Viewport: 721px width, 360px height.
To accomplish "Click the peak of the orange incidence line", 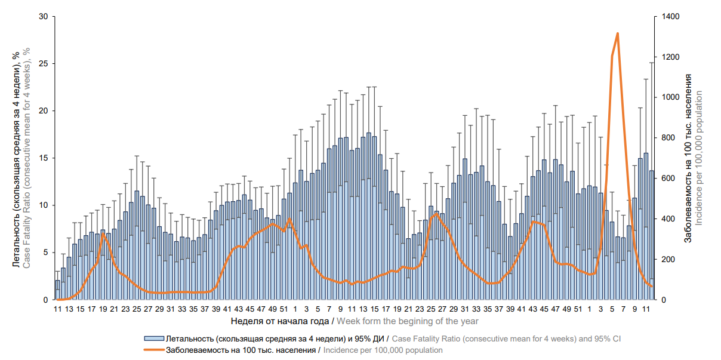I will [618, 33].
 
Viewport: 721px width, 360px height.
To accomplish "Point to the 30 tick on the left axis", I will [43, 16].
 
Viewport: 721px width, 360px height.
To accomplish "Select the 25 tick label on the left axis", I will [43, 63].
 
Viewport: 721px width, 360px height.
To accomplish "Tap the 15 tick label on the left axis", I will [43, 158].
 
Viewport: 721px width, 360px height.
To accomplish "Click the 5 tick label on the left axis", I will [45, 253].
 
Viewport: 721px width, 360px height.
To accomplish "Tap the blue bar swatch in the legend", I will [153, 339].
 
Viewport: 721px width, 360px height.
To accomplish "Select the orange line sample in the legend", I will [153, 350].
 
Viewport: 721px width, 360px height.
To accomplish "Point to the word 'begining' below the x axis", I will [422, 321].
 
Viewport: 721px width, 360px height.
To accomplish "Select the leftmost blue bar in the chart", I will [58, 290].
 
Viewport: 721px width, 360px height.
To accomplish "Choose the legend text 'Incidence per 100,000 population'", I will [383, 350].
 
